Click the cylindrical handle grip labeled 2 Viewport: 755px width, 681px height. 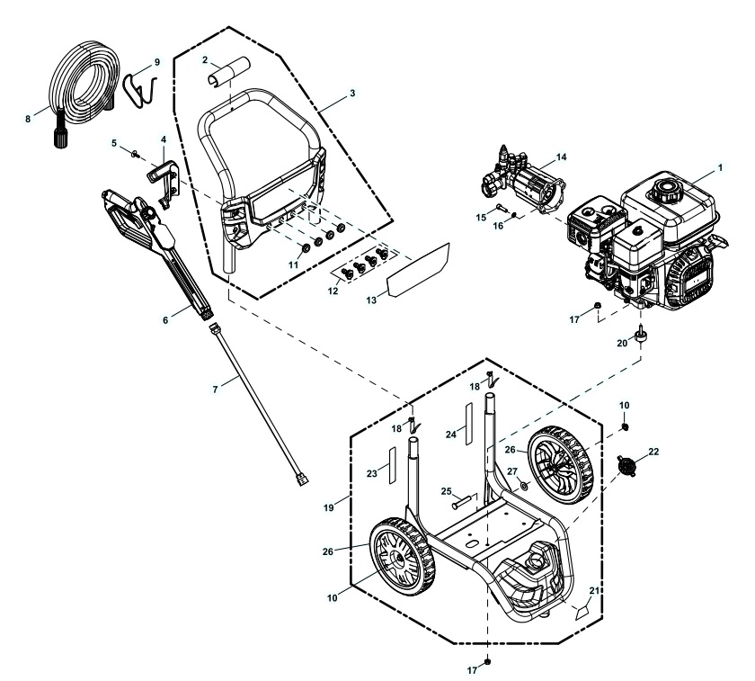[x=225, y=72]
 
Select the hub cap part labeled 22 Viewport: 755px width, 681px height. [x=629, y=464]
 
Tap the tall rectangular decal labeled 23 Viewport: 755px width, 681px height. [x=391, y=471]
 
